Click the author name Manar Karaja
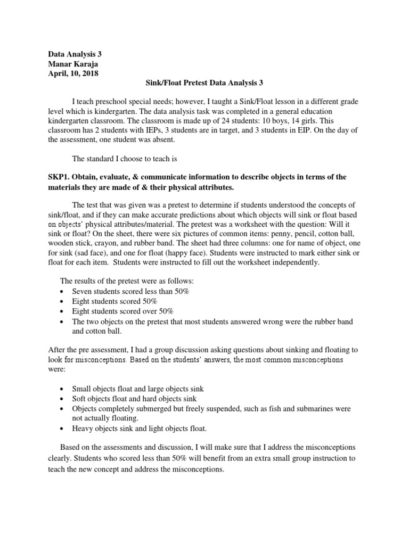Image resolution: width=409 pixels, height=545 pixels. pos(72,63)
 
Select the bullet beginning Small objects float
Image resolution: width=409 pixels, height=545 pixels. pos(137,389)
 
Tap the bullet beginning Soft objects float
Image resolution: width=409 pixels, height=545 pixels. pos(134,399)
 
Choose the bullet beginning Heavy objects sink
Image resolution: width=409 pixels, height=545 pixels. pos(139,428)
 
